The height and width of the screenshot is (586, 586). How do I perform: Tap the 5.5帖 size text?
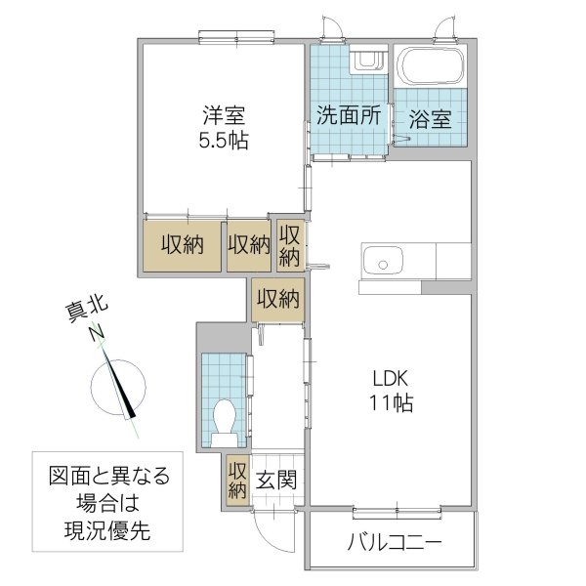pos(224,141)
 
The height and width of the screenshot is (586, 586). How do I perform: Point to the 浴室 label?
pos(430,119)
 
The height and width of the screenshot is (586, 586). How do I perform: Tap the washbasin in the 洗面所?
pos(366,61)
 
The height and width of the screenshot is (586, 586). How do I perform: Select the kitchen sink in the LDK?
pos(383,262)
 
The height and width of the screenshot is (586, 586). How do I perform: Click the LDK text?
pos(388,378)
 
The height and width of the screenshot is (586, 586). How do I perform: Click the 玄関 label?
pos(276,481)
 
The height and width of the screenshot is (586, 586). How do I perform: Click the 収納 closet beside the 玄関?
pos(237,481)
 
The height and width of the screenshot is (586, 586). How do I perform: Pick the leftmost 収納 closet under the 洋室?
pos(182,245)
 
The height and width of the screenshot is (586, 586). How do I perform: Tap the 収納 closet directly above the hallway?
pos(277,299)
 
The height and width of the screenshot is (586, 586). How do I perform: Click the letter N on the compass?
pos(98,334)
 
